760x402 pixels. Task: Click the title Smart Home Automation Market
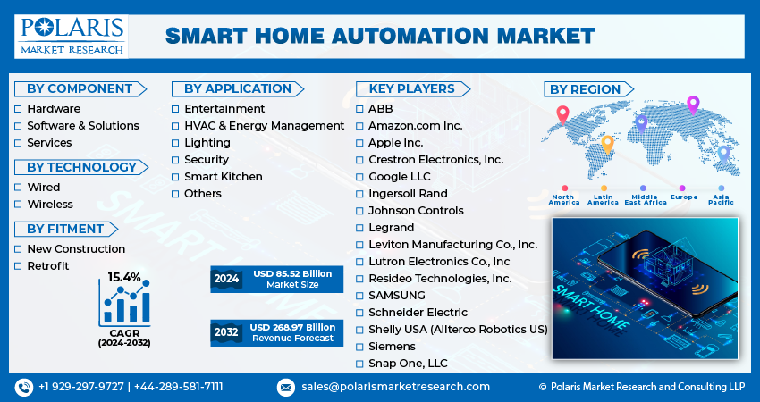pos(380,36)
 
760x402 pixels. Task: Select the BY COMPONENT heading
pos(80,88)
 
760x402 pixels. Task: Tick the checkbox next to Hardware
pos(19,109)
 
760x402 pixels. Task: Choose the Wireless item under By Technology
pos(50,205)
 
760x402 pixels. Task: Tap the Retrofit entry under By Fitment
pos(47,266)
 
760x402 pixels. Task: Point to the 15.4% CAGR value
pos(124,278)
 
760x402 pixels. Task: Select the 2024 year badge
pos(226,279)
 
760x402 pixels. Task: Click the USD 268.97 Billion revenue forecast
pos(292,327)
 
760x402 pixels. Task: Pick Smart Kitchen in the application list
pos(223,177)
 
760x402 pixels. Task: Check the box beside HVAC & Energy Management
pos(176,126)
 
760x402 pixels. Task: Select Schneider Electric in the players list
pos(418,313)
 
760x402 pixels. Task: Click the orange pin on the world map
pos(607,143)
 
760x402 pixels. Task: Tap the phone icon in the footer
pos(23,387)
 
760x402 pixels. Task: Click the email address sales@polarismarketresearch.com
pos(394,387)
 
